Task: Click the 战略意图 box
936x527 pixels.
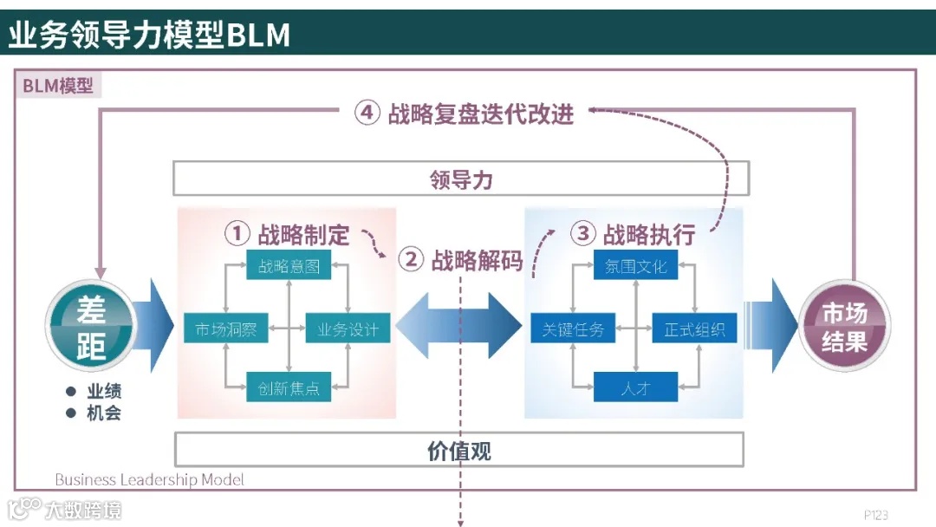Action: (289, 266)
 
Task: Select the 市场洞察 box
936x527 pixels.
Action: (226, 329)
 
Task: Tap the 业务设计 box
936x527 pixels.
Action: (348, 329)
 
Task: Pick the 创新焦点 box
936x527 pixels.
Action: (289, 387)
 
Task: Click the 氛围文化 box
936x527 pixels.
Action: (635, 266)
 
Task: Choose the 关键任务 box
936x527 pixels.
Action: (573, 329)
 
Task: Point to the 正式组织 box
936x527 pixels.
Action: (694, 329)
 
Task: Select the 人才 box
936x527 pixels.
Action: (635, 387)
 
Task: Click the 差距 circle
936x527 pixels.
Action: (90, 327)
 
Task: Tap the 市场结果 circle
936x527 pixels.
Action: (844, 327)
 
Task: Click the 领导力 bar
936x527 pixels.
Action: (461, 179)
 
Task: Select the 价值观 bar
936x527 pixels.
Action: (459, 451)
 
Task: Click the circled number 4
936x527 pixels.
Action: (367, 114)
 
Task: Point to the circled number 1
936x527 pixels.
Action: (237, 233)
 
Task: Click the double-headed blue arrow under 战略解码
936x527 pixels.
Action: (458, 325)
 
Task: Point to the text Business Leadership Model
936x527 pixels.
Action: (149, 479)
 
